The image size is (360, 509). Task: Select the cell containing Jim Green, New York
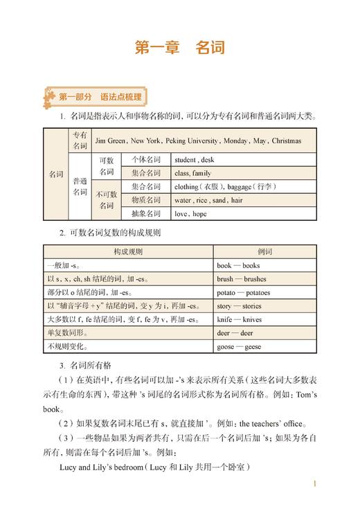(x=198, y=141)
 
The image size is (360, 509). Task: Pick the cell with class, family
(x=192, y=173)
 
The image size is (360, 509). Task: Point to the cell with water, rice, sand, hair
(x=208, y=200)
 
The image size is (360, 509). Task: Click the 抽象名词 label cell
(x=146, y=214)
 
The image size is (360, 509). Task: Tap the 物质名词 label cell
(x=146, y=200)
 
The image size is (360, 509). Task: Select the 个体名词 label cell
(x=146, y=159)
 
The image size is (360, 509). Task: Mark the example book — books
(x=238, y=265)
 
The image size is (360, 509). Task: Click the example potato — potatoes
(x=244, y=292)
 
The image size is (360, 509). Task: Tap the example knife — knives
(x=240, y=319)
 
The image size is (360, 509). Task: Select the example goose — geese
(x=239, y=346)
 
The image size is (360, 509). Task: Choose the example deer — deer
(x=235, y=332)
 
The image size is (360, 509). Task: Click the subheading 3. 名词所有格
(x=91, y=365)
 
